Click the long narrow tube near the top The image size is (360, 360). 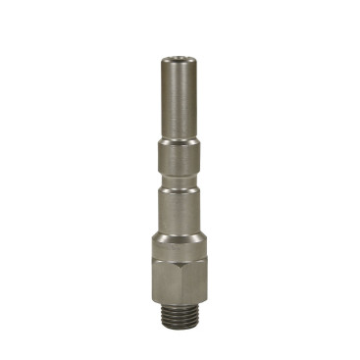pos(180,103)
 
